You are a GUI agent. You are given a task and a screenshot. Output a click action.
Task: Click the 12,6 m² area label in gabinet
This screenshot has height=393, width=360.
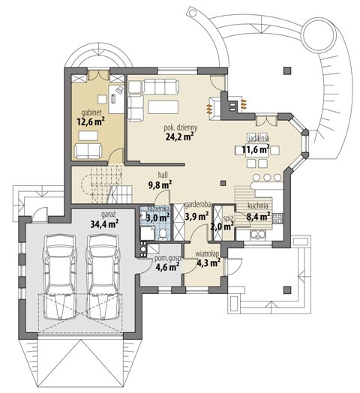tap(91, 121)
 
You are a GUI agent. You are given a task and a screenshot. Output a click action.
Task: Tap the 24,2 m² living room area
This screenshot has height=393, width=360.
tap(180, 136)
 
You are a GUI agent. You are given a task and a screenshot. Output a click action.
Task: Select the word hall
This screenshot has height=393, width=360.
tap(163, 175)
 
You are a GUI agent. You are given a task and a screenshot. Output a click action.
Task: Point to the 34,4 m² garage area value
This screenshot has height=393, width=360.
tap(104, 223)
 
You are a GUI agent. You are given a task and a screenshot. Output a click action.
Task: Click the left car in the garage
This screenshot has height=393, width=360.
tap(60, 277)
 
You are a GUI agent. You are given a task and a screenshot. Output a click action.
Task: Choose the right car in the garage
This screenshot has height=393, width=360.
tap(103, 277)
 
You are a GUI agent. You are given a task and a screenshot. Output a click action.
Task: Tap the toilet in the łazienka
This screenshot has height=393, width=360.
tap(163, 234)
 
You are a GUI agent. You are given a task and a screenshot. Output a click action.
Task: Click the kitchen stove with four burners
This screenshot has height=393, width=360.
tap(277, 217)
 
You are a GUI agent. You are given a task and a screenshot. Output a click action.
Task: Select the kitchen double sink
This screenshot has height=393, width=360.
tap(258, 235)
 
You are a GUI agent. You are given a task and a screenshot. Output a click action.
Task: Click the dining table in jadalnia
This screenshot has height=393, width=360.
tap(257, 151)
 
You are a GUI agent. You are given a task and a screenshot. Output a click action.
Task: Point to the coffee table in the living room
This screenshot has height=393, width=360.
tap(163, 107)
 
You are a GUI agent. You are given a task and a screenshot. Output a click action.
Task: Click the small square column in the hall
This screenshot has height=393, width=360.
tap(223, 183)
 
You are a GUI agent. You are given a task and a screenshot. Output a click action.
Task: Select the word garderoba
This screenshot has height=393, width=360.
tap(197, 205)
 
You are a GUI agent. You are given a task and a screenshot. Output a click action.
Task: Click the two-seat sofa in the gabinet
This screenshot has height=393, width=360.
tap(88, 151)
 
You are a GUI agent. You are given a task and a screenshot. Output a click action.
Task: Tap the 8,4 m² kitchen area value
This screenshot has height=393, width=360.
tap(258, 217)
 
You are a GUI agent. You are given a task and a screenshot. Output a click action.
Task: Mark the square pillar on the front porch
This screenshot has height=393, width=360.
tap(287, 290)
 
